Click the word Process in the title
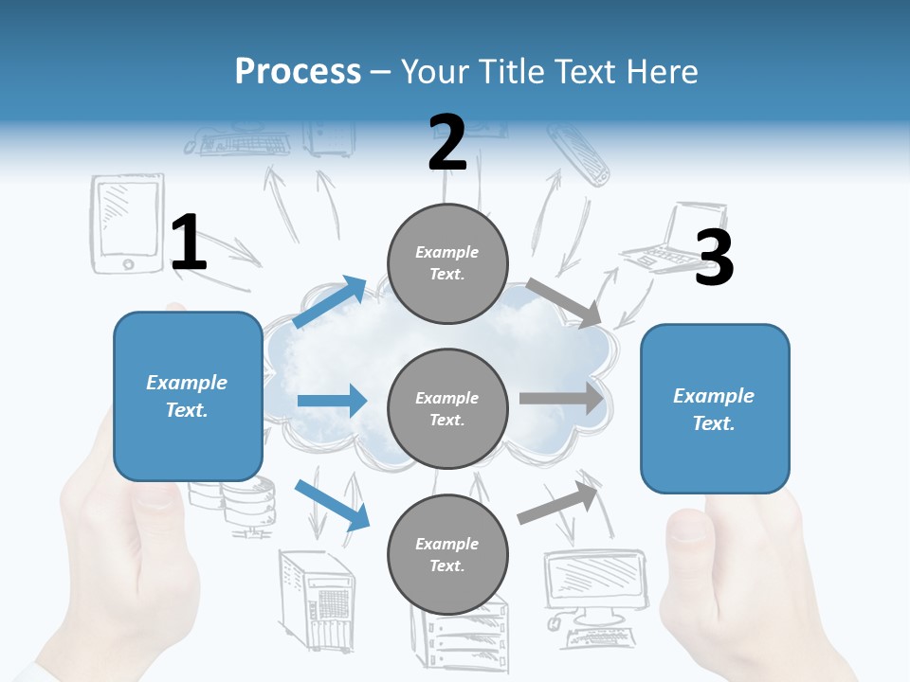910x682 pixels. pyautogui.click(x=298, y=71)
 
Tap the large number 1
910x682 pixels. pyautogui.click(x=189, y=242)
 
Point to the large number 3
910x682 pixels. pyautogui.click(x=714, y=258)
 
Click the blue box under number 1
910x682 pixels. pyautogui.click(x=188, y=396)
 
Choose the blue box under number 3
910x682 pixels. pyautogui.click(x=715, y=408)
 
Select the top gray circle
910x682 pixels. pyautogui.click(x=447, y=263)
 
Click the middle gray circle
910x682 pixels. pyautogui.click(x=447, y=408)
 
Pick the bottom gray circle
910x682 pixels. pyautogui.click(x=447, y=554)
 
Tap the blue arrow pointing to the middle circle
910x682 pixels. pyautogui.click(x=332, y=401)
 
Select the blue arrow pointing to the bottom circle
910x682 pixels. pyautogui.click(x=332, y=504)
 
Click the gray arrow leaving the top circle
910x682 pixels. pyautogui.click(x=563, y=302)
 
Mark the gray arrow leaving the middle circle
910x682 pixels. pyautogui.click(x=561, y=398)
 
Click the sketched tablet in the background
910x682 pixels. pyautogui.click(x=127, y=225)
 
